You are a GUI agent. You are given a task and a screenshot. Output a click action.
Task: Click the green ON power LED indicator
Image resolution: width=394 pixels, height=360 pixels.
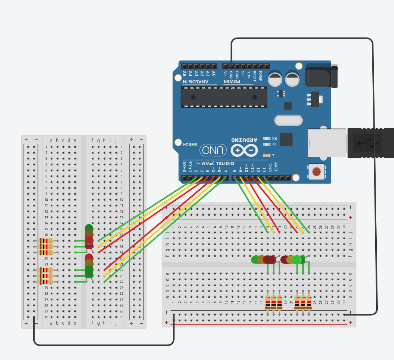coord(193,144)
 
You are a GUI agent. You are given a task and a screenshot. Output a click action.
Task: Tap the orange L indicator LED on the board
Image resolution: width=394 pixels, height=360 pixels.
coord(267,155)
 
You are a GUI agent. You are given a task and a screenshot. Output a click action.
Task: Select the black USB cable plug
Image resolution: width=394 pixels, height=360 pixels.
coord(370,143)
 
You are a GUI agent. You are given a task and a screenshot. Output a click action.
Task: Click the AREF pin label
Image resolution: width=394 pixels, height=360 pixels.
coord(276,167)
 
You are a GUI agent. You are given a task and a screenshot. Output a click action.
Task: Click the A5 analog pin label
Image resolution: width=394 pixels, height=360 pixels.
coord(184,74)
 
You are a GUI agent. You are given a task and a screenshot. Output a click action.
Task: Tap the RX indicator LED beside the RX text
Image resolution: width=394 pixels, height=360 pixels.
coord(267,138)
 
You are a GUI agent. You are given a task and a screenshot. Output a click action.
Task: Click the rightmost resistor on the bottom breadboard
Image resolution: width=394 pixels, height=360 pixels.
coord(309,303)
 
